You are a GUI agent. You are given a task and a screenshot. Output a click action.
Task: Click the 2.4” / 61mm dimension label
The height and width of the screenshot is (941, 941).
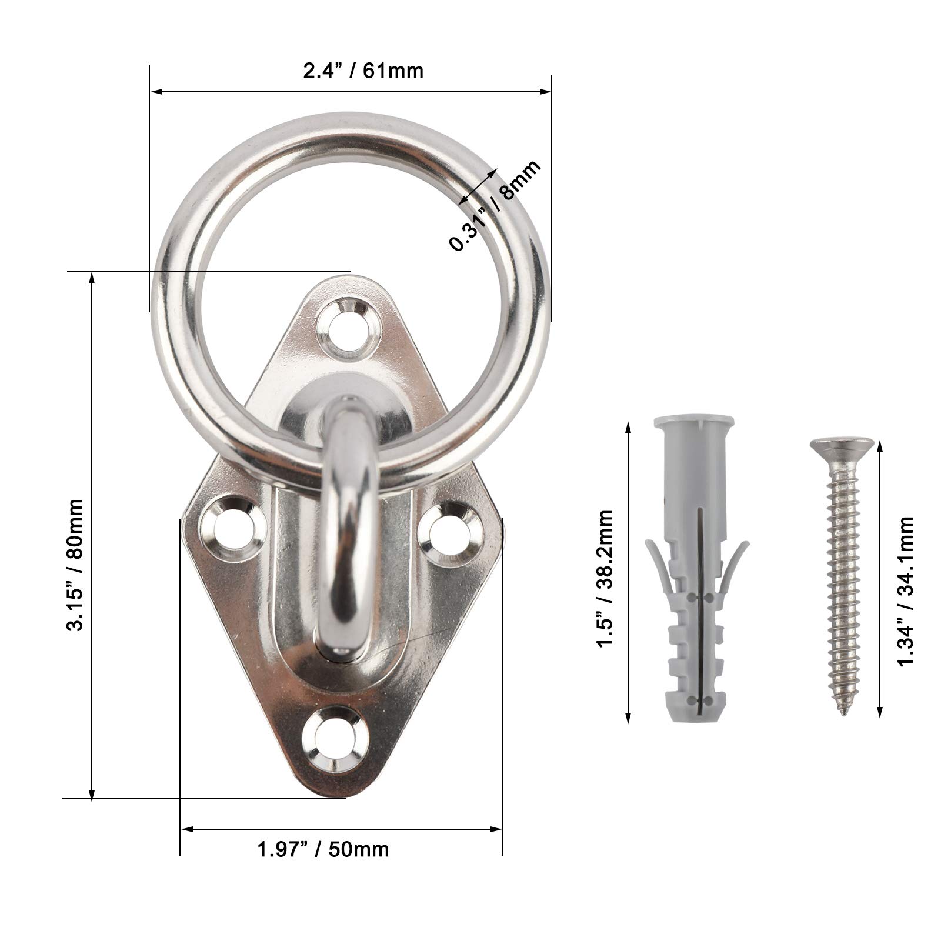363,71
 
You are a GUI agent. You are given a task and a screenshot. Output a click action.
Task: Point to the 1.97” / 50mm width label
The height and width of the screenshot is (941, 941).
323,849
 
